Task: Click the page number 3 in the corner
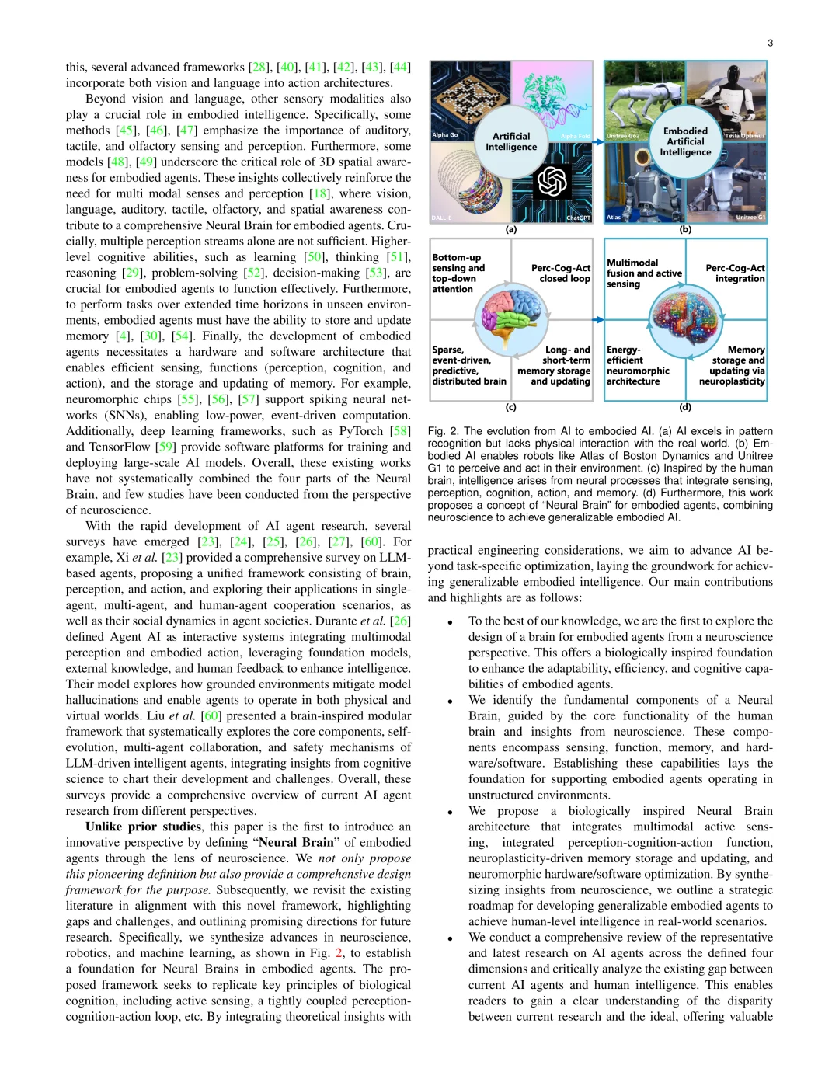(x=769, y=43)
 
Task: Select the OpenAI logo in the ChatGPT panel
(x=552, y=182)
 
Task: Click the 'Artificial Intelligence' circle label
(x=511, y=141)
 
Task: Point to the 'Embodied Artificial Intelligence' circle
(x=685, y=141)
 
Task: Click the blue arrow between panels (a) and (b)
(x=598, y=142)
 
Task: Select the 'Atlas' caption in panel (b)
(x=614, y=218)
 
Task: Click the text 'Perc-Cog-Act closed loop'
(x=561, y=273)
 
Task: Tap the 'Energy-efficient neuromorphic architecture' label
(x=638, y=366)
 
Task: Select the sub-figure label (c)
(x=511, y=407)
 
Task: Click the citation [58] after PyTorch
(x=400, y=431)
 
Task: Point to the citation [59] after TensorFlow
(x=166, y=447)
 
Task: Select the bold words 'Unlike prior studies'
(x=143, y=827)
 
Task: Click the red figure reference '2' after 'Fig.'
(x=339, y=953)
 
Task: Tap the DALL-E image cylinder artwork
(x=463, y=183)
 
